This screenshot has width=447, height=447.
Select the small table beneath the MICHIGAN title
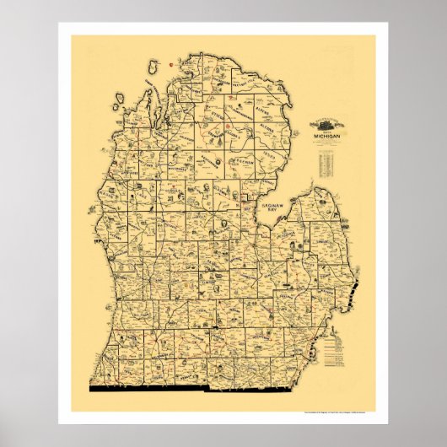(x=330, y=164)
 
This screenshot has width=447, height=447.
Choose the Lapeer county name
(x=304, y=278)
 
